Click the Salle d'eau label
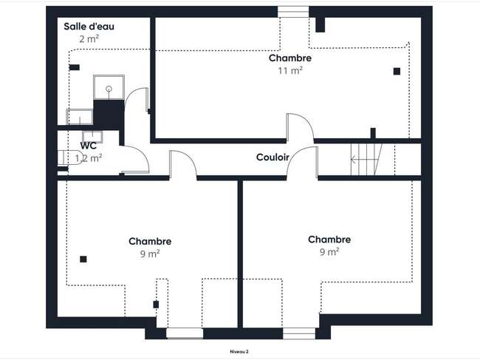coord(89,27)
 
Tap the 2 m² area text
coord(89,39)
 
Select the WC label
coord(89,146)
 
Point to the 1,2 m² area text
coord(89,158)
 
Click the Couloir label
coord(272,157)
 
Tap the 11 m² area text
coord(290,70)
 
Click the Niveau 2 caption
coord(239,352)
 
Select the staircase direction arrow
coord(360,160)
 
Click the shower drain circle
coord(109,89)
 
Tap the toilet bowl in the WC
coord(71,157)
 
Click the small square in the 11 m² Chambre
coord(397,72)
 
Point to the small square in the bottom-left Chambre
coord(83,259)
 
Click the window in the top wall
coord(293,12)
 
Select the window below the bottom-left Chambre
coord(185,333)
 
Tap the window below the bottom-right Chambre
coord(299,333)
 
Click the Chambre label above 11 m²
coord(290,58)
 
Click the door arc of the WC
coord(142,154)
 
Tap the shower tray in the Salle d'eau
coord(109,87)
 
